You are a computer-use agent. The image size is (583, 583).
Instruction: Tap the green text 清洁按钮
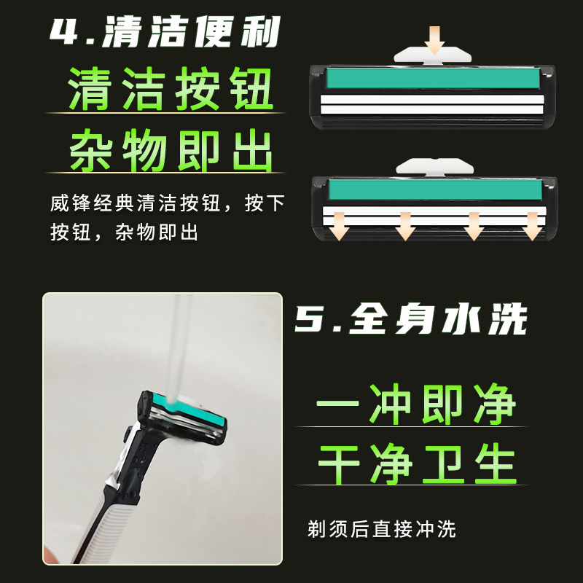171,90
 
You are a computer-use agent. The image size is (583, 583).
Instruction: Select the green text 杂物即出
171,151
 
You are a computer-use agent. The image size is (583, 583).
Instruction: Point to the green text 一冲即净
416,404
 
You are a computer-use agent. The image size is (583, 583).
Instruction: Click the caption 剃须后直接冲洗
382,528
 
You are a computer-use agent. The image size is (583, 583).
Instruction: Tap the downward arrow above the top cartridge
435,39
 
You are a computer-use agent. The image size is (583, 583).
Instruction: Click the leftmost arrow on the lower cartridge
337,227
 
